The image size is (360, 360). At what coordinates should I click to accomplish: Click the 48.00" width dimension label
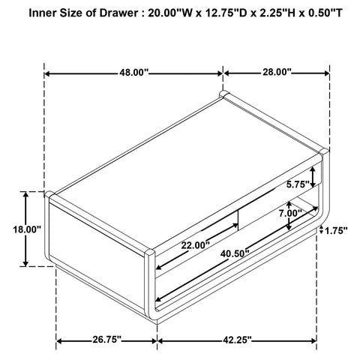(133, 73)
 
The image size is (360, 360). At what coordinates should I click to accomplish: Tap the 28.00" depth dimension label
(277, 72)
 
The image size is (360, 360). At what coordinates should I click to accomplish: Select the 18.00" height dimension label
(27, 229)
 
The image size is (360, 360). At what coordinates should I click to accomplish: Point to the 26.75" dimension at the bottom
(107, 339)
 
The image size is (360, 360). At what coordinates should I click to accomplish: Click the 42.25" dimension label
(237, 340)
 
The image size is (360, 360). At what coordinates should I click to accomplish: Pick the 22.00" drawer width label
(196, 245)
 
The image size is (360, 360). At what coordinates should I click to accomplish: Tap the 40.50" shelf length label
(235, 253)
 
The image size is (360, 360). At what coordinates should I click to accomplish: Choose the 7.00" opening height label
(290, 213)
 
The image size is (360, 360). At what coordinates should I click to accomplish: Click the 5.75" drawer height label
(298, 184)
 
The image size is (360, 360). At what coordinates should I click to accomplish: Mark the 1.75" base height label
(336, 230)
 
